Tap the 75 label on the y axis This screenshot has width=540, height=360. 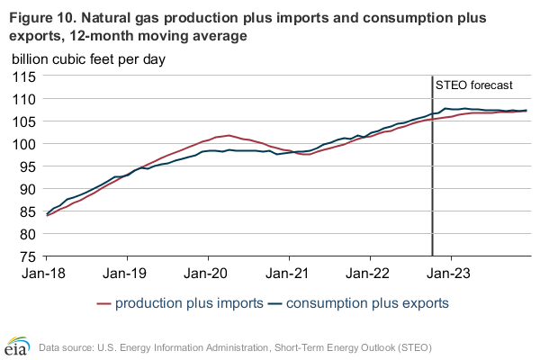pyautogui.click(x=26, y=256)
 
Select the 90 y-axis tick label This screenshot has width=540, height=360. pyautogui.click(x=26, y=189)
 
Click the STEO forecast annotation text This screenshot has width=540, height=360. pyautogui.click(x=473, y=86)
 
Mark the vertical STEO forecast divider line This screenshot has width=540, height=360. pyautogui.click(x=432, y=180)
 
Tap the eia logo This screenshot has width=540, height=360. pyautogui.click(x=19, y=345)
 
